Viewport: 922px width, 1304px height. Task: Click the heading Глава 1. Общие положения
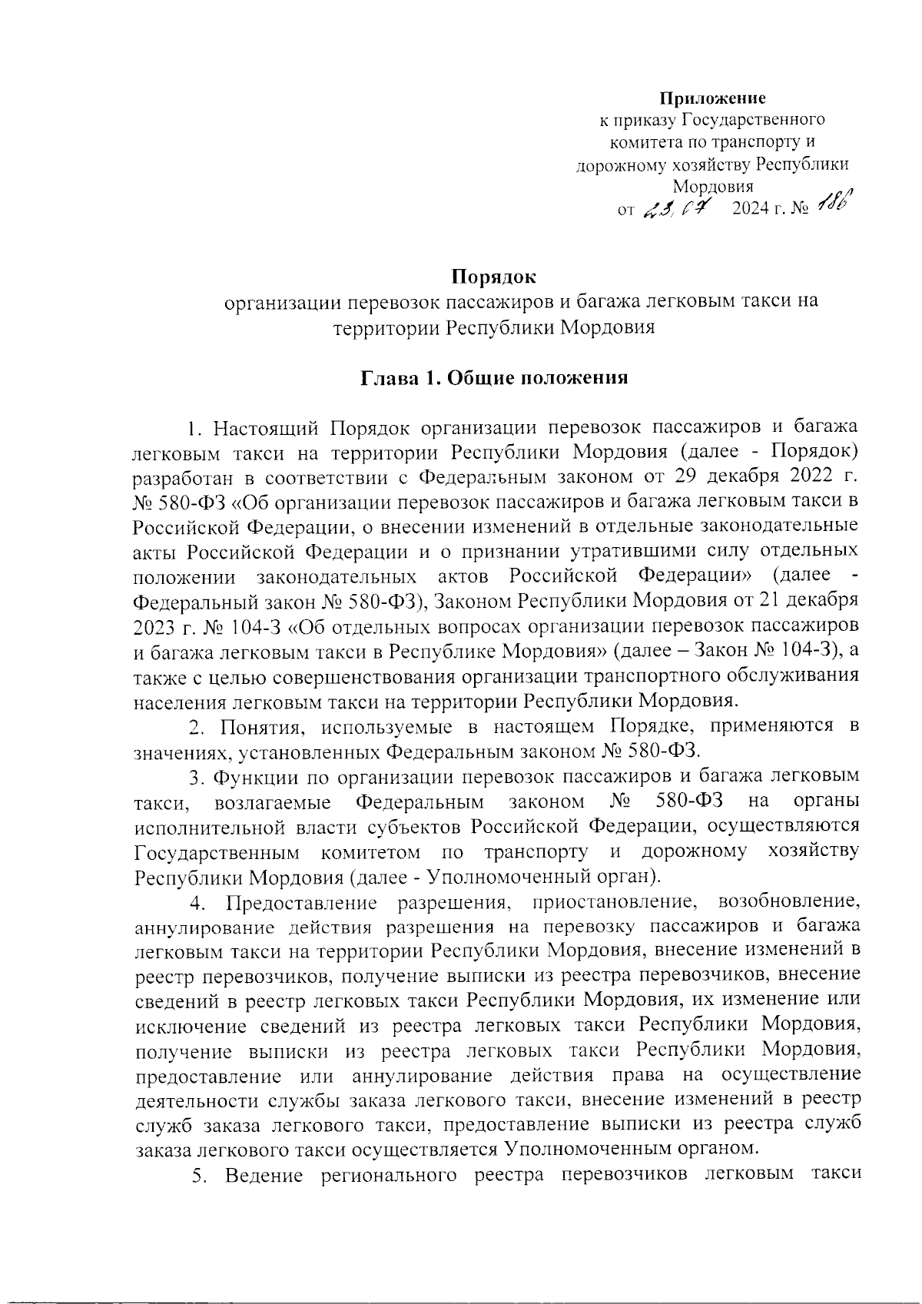point(495,378)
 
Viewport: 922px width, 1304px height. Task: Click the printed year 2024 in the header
point(750,210)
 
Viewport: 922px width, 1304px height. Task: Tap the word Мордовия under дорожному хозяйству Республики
point(712,187)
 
